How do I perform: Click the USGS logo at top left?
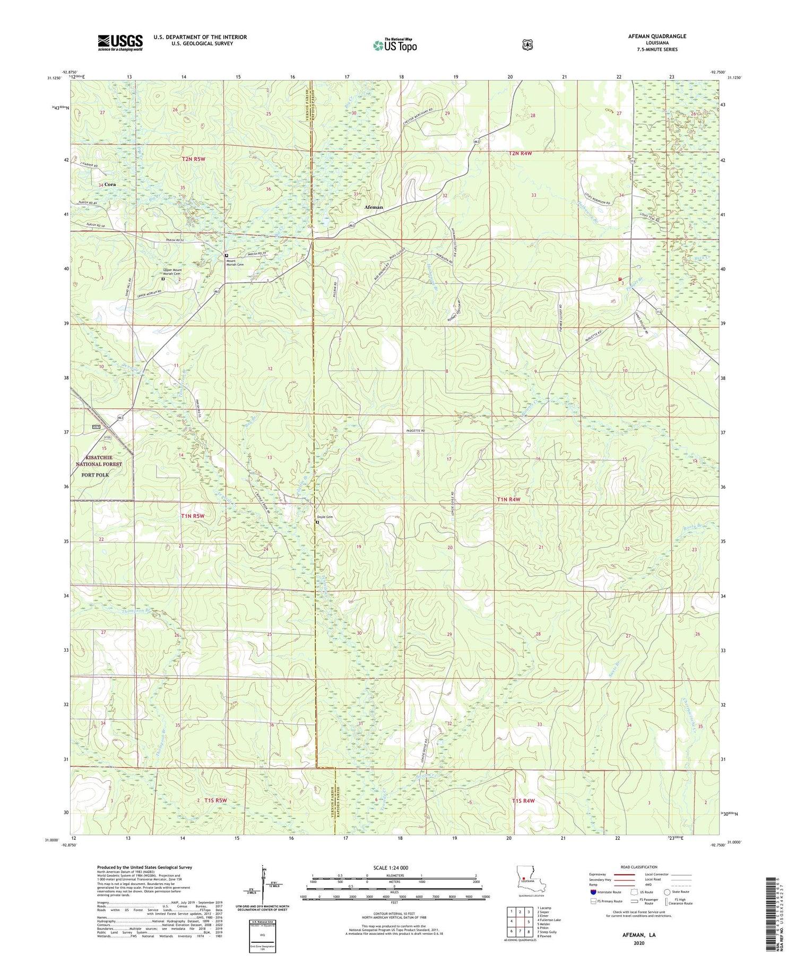[120, 42]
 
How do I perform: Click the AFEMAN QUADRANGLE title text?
[654, 36]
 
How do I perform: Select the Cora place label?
[110, 184]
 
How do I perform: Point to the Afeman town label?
[374, 207]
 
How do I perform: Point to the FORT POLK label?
[96, 475]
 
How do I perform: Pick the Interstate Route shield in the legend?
[594, 892]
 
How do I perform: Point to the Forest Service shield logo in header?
[527, 45]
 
